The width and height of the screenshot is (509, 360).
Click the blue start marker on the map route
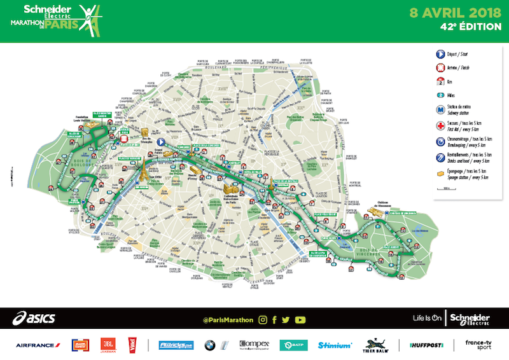click(162, 142)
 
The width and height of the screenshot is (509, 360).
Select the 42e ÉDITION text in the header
click(467, 28)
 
